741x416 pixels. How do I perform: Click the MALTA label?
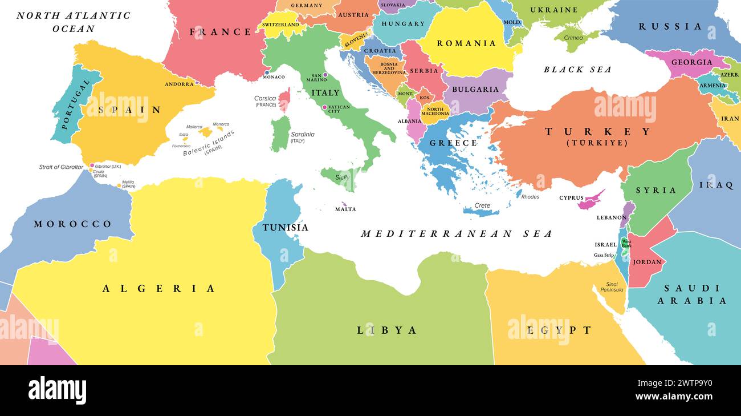[x=345, y=209]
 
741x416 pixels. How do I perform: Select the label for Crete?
[x=483, y=205]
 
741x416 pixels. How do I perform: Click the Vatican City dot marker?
[x=324, y=107]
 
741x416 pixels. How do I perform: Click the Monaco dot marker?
[x=267, y=72]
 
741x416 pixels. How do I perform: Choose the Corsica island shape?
[x=283, y=100]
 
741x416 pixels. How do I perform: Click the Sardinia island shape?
[x=280, y=134]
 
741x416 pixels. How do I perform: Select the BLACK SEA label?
[x=577, y=70]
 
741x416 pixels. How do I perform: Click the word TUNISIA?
[x=285, y=228]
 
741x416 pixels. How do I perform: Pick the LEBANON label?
[x=612, y=217]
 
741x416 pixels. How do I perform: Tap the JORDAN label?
[x=648, y=262]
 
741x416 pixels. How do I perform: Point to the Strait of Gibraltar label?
[x=61, y=167]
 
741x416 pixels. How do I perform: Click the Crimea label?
[x=573, y=38]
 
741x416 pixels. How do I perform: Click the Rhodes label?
[x=530, y=197]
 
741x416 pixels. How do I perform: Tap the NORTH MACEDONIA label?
[x=435, y=112]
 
